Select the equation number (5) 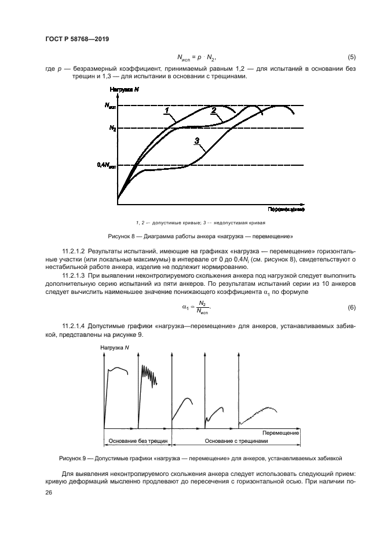(351, 57)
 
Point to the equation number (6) (351, 307)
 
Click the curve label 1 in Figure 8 (166, 111)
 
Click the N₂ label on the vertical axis (112, 128)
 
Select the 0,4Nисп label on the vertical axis (107, 165)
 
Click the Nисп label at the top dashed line (110, 106)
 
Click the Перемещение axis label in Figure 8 (286, 208)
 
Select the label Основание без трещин (136, 441)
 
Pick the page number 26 (49, 492)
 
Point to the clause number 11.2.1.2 (77, 250)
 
